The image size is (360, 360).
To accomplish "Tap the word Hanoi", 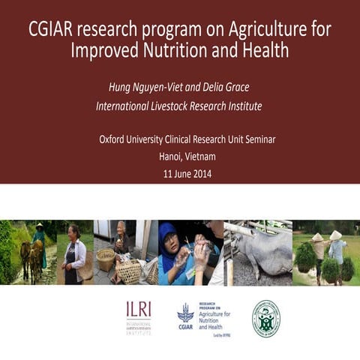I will coord(172,157).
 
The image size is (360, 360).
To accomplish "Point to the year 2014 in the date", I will coord(201,175).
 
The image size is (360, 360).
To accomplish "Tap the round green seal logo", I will coord(265,318).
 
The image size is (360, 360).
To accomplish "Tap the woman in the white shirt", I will coord(76,255).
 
